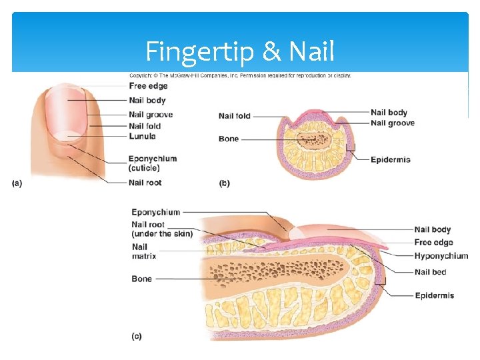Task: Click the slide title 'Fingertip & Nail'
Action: coord(240,51)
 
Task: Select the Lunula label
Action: coord(142,137)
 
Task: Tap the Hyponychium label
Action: coord(441,256)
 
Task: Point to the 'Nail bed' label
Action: coord(430,272)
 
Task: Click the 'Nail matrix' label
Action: coord(144,251)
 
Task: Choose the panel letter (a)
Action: coord(17,183)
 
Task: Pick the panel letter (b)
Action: coord(224,183)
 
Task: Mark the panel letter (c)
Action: coord(137,337)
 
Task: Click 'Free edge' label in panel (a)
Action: coord(148,86)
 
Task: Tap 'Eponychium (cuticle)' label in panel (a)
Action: coord(153,163)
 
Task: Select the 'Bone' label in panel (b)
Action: coord(229,139)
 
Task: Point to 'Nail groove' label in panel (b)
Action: coord(392,123)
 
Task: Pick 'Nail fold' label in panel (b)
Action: coord(235,116)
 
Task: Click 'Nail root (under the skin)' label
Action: coord(162,229)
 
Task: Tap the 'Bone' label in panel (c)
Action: coord(141,279)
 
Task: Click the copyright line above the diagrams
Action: coord(240,75)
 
